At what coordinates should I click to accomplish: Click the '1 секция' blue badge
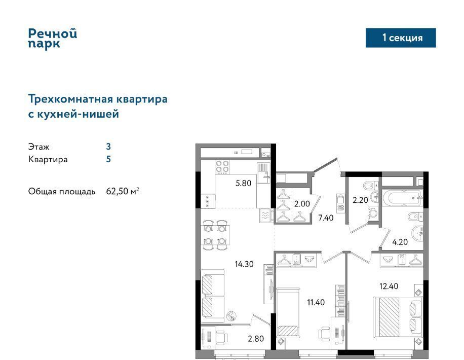401,38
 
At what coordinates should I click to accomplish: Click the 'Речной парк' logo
53,38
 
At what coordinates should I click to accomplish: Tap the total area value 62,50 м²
123,191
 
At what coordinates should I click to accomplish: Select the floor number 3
108,147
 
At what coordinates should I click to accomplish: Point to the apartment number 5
108,159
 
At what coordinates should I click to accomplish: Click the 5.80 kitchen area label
243,183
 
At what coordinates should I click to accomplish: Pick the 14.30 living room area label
244,264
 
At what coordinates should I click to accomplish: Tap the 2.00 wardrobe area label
302,203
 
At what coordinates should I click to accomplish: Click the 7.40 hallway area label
326,218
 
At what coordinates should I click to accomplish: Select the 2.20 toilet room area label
361,200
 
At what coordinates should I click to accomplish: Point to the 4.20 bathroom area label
400,242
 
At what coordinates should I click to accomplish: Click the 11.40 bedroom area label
316,302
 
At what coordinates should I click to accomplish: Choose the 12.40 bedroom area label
389,286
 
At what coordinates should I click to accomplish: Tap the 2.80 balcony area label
256,339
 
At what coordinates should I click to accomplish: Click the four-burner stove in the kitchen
222,167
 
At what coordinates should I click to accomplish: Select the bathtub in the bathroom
402,197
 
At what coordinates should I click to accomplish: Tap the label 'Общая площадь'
62,192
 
